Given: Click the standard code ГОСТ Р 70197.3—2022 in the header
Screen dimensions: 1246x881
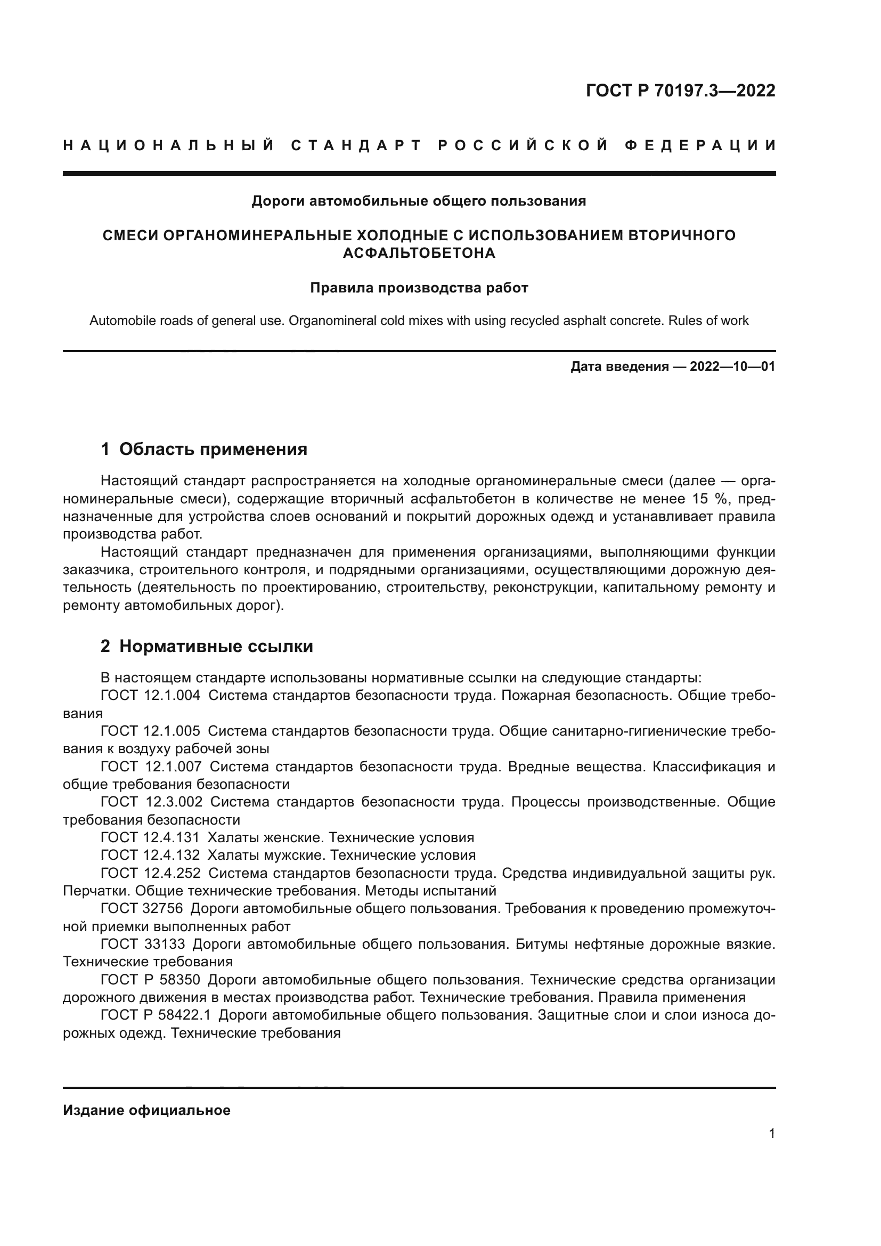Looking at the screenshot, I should tap(680, 91).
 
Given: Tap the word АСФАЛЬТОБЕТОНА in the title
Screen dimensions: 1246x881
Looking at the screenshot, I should tap(419, 254).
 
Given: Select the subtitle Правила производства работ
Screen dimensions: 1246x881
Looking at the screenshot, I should tap(419, 288).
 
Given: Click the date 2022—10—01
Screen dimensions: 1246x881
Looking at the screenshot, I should tap(732, 367).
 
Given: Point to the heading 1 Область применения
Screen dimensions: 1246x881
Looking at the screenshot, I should tap(204, 450).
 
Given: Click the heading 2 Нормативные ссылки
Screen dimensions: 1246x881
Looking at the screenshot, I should tap(207, 646).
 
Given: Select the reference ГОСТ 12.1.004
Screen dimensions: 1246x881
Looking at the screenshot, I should tap(150, 696).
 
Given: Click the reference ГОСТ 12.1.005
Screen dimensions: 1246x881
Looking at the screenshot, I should tap(150, 731).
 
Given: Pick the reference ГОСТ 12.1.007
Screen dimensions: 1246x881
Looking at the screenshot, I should tap(150, 767).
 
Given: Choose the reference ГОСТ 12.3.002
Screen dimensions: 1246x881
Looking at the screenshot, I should tap(151, 802).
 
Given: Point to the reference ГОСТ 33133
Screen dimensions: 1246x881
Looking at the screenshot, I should tap(143, 944).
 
